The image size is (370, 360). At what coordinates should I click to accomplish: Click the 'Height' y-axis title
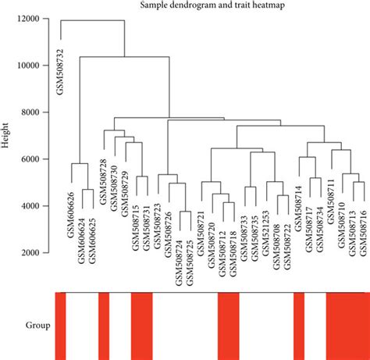8,135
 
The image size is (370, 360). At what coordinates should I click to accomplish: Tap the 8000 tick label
32,113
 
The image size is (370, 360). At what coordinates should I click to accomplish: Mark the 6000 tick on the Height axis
32,159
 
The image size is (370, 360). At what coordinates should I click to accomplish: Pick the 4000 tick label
32,206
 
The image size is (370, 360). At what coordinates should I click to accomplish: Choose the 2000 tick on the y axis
32,253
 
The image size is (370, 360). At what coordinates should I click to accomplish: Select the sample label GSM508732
60,70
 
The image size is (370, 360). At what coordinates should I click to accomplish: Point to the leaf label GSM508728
103,181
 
